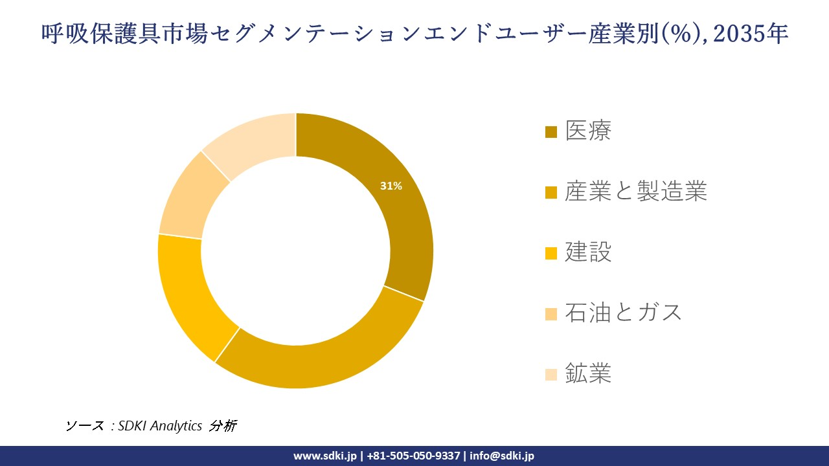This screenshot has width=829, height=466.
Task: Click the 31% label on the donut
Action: (391, 186)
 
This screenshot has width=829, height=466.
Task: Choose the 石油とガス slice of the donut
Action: (188, 201)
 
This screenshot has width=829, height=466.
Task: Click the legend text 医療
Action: (588, 131)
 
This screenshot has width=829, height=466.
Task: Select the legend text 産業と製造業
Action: (635, 192)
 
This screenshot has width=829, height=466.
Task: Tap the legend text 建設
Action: (588, 252)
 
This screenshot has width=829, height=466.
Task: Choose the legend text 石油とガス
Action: (624, 313)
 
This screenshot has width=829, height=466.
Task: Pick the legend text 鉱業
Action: (588, 373)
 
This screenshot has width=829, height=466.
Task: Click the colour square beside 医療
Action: (551, 132)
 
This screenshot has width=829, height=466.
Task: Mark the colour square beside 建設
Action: (551, 252)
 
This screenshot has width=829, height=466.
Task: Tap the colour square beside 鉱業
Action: (551, 374)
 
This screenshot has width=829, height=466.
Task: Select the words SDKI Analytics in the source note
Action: (160, 426)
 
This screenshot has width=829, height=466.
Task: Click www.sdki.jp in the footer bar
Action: (324, 456)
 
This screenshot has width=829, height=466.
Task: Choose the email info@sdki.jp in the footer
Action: (502, 456)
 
